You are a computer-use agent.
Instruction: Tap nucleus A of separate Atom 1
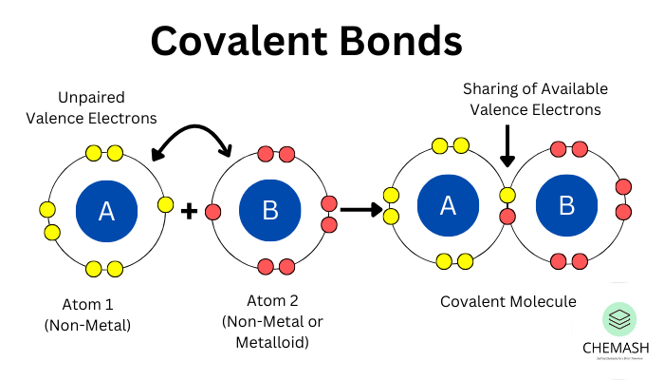pos(106,211)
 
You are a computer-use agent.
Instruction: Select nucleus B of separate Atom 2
pos(269,211)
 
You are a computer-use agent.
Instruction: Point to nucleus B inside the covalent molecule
pos(567,205)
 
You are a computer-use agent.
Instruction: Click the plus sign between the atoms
pos(188,210)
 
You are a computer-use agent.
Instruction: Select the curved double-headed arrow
pos(194,142)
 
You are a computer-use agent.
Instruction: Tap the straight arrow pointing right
pos(360,208)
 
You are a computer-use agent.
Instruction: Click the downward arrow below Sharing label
pos(507,148)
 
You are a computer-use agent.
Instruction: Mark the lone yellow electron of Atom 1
pos(166,204)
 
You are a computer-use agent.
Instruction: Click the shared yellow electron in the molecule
pos(507,196)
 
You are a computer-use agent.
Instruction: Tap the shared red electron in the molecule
pos(507,217)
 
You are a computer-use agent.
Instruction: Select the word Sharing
pos(492,89)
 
